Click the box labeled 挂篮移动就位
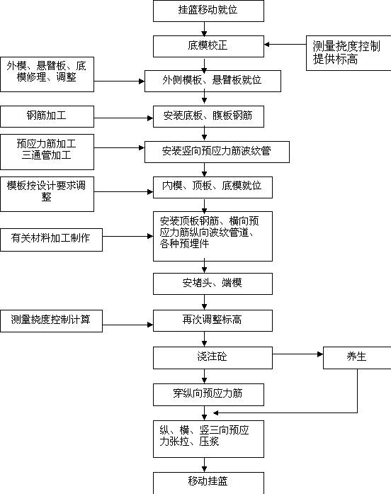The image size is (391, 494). point(208,11)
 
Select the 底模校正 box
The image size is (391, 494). point(208,46)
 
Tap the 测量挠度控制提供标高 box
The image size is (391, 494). point(348,53)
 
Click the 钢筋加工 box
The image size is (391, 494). point(47,116)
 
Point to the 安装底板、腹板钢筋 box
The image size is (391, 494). point(208,116)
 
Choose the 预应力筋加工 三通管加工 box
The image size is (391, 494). point(47,152)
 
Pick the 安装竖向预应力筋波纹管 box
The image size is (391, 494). point(217,152)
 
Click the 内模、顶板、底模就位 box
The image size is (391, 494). point(212,187)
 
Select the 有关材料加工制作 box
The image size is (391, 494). point(51,240)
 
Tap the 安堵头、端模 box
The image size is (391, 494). point(212,284)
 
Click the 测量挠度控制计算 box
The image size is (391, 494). point(51,321)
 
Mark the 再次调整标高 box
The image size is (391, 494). point(212,321)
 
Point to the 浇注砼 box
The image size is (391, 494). point(212,358)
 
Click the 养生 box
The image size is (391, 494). point(357,358)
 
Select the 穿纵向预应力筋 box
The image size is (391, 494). point(208,395)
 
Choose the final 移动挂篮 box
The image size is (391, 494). point(208,483)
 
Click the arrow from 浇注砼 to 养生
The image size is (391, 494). point(297,354)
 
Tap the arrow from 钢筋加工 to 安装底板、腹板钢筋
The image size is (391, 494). point(124,118)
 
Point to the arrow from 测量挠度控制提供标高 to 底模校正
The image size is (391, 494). point(285,45)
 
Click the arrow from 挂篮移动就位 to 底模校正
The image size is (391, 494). point(204,28)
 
